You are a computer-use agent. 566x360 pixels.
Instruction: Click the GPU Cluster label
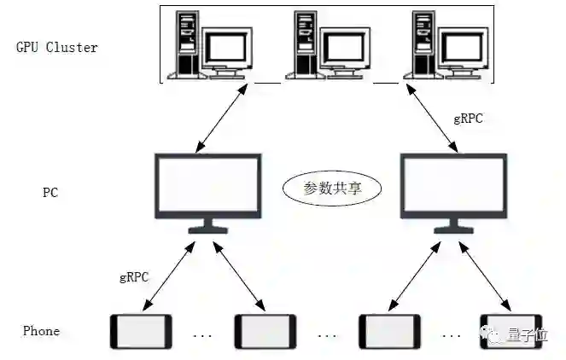click(x=57, y=47)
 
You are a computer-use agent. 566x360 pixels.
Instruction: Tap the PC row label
click(x=50, y=192)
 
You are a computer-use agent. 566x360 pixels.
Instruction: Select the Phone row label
click(x=41, y=331)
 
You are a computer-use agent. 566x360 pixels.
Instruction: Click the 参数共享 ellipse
click(x=332, y=188)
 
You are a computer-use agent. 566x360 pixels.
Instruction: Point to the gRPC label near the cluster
click(x=468, y=119)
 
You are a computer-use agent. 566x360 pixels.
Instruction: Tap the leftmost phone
click(x=141, y=331)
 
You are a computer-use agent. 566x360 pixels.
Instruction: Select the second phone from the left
click(x=265, y=331)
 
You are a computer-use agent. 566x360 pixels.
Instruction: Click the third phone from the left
click(x=389, y=331)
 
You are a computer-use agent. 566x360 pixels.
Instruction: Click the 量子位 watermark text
click(x=530, y=333)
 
